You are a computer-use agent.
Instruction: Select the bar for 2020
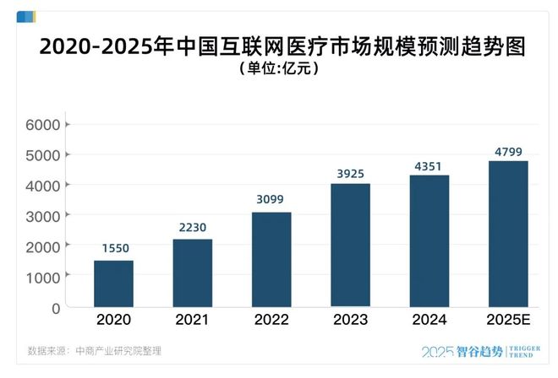[113, 283]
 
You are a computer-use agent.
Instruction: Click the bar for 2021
[193, 273]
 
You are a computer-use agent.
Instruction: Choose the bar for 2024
[429, 240]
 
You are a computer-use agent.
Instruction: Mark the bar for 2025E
[508, 234]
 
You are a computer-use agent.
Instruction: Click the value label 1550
[113, 248]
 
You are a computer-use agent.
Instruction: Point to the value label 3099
[271, 200]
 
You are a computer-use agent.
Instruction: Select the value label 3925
[350, 173]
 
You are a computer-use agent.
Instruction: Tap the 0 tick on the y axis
[54, 308]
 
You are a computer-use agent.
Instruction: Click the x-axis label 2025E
[508, 320]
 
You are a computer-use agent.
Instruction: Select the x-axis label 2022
[271, 320]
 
